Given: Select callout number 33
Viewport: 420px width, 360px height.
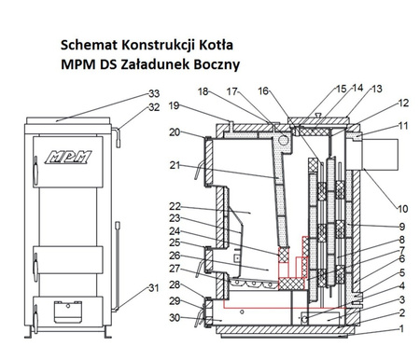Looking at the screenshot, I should (154, 94).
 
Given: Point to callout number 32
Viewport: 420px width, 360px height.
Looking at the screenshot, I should (154, 107).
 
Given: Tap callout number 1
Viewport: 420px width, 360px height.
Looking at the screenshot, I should (401, 328).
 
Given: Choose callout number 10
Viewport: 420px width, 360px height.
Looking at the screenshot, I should (403, 208).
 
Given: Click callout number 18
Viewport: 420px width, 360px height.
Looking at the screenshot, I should (203, 90).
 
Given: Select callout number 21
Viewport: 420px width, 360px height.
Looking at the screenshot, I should (174, 165).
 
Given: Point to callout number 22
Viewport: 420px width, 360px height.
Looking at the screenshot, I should (174, 206).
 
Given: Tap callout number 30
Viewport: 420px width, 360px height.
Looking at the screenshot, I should (174, 317).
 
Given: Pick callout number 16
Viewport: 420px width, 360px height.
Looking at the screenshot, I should (263, 90).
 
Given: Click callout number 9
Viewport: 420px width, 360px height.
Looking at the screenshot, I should (401, 227).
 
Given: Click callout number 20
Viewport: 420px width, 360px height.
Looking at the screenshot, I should (174, 132).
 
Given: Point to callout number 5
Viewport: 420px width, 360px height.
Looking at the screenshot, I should (401, 273).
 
